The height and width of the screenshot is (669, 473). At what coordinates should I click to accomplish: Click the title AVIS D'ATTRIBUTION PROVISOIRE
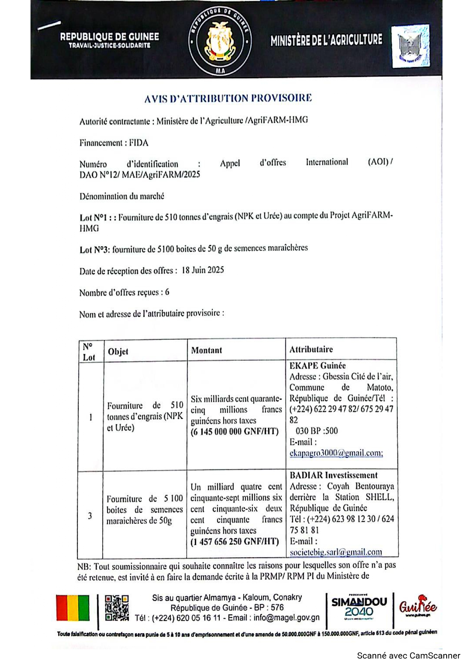coord(228,98)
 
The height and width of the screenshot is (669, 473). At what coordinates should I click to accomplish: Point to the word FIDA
coord(138,143)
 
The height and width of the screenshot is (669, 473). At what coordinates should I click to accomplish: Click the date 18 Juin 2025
coord(203,270)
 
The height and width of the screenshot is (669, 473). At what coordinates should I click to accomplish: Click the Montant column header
coord(206,350)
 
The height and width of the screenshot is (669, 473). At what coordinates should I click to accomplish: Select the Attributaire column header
coord(311,350)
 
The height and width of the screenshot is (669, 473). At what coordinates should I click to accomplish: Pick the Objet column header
coord(118,351)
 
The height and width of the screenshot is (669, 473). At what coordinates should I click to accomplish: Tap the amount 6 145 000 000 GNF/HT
coord(235,432)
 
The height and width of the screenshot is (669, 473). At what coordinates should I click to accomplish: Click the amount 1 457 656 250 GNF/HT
coord(235,542)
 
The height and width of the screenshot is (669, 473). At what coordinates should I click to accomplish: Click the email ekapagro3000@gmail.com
coord(336,453)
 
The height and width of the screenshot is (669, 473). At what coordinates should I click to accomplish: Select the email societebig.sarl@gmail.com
coord(336,552)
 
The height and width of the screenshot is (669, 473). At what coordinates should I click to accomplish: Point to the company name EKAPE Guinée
coord(317,366)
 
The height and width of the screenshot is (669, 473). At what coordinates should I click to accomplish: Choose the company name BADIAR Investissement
coord(333,475)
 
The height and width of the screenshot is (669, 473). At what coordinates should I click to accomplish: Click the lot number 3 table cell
coord(90,516)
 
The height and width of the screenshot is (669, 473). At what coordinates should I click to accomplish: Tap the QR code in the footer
coord(117,608)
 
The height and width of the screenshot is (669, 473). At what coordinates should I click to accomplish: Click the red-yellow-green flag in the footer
coord(72,608)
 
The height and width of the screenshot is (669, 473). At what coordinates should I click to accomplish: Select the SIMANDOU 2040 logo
coord(359,608)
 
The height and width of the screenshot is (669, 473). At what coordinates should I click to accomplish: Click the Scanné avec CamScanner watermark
coord(408,656)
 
